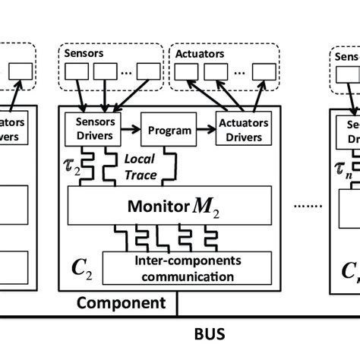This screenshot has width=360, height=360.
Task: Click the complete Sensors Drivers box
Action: pyautogui.click(x=90, y=128)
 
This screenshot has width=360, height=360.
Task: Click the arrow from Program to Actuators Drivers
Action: pyautogui.click(x=205, y=128)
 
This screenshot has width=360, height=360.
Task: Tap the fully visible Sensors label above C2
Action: pyautogui.click(x=82, y=55)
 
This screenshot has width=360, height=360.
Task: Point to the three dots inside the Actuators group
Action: pyautogui.click(x=241, y=74)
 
